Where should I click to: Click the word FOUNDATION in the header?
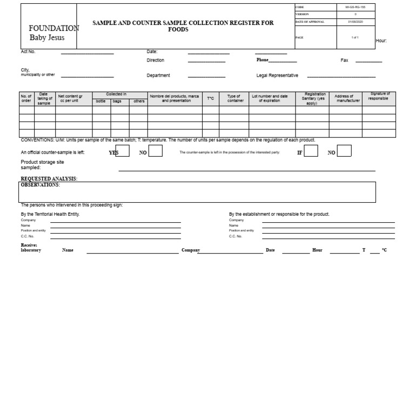[x=53, y=28]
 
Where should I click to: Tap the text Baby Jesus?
[x=46, y=38]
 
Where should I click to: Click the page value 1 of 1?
[x=354, y=37]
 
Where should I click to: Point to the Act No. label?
[x=28, y=52]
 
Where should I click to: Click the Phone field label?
[x=262, y=60]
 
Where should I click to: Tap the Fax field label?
[x=344, y=60]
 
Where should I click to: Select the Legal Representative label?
[x=277, y=76]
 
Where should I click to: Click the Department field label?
[x=158, y=76]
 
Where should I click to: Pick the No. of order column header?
[x=26, y=98]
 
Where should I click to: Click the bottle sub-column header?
[x=101, y=102]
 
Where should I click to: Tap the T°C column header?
[x=210, y=99]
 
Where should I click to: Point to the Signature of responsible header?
[x=378, y=96]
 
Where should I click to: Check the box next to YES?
[x=122, y=151]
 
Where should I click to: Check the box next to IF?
[x=311, y=151]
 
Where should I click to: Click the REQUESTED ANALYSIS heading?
[x=49, y=178]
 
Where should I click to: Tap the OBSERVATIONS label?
[x=40, y=185]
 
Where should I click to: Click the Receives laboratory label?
[x=31, y=248]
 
